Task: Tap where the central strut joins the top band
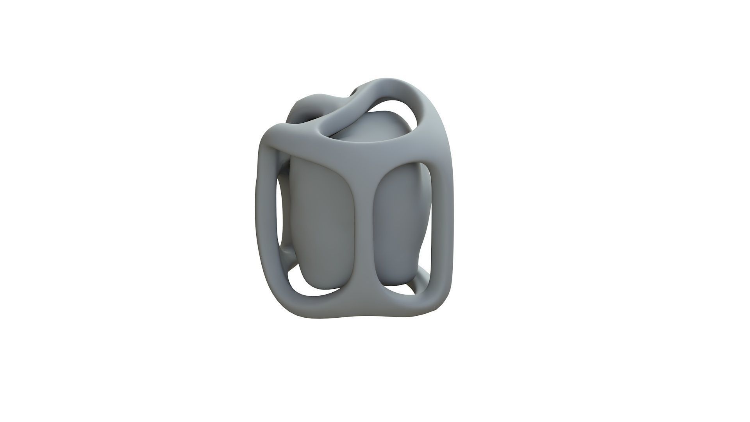[361, 164]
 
